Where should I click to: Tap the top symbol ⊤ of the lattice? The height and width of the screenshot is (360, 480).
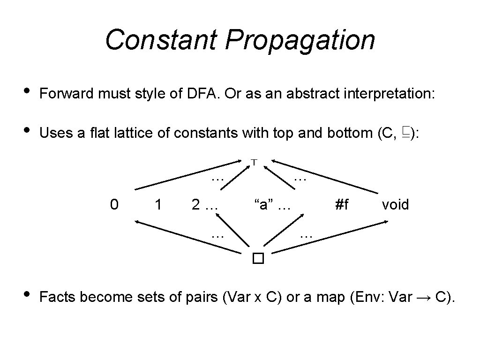[253, 162]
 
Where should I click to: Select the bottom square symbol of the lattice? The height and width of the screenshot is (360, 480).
[258, 258]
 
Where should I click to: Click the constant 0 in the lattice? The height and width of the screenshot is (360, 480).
[113, 205]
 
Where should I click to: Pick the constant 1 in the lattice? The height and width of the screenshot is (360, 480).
[158, 205]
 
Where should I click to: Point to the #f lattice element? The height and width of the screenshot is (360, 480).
[342, 205]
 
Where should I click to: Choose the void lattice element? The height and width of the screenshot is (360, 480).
[395, 205]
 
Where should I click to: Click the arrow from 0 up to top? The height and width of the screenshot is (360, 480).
[187, 176]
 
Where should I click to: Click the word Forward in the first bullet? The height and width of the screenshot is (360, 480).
[66, 94]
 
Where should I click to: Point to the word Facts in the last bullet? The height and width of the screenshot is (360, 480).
[57, 297]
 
